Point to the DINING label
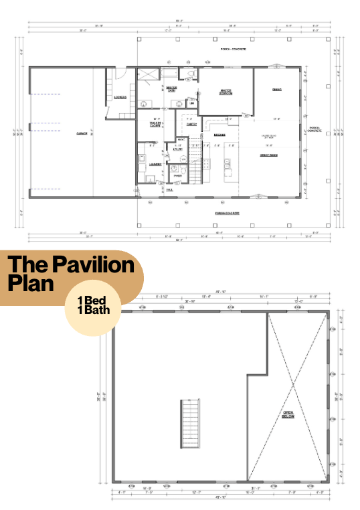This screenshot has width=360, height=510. [x=276, y=90]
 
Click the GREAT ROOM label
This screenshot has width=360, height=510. [x=269, y=155]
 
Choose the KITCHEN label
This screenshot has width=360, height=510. [x=219, y=135]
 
